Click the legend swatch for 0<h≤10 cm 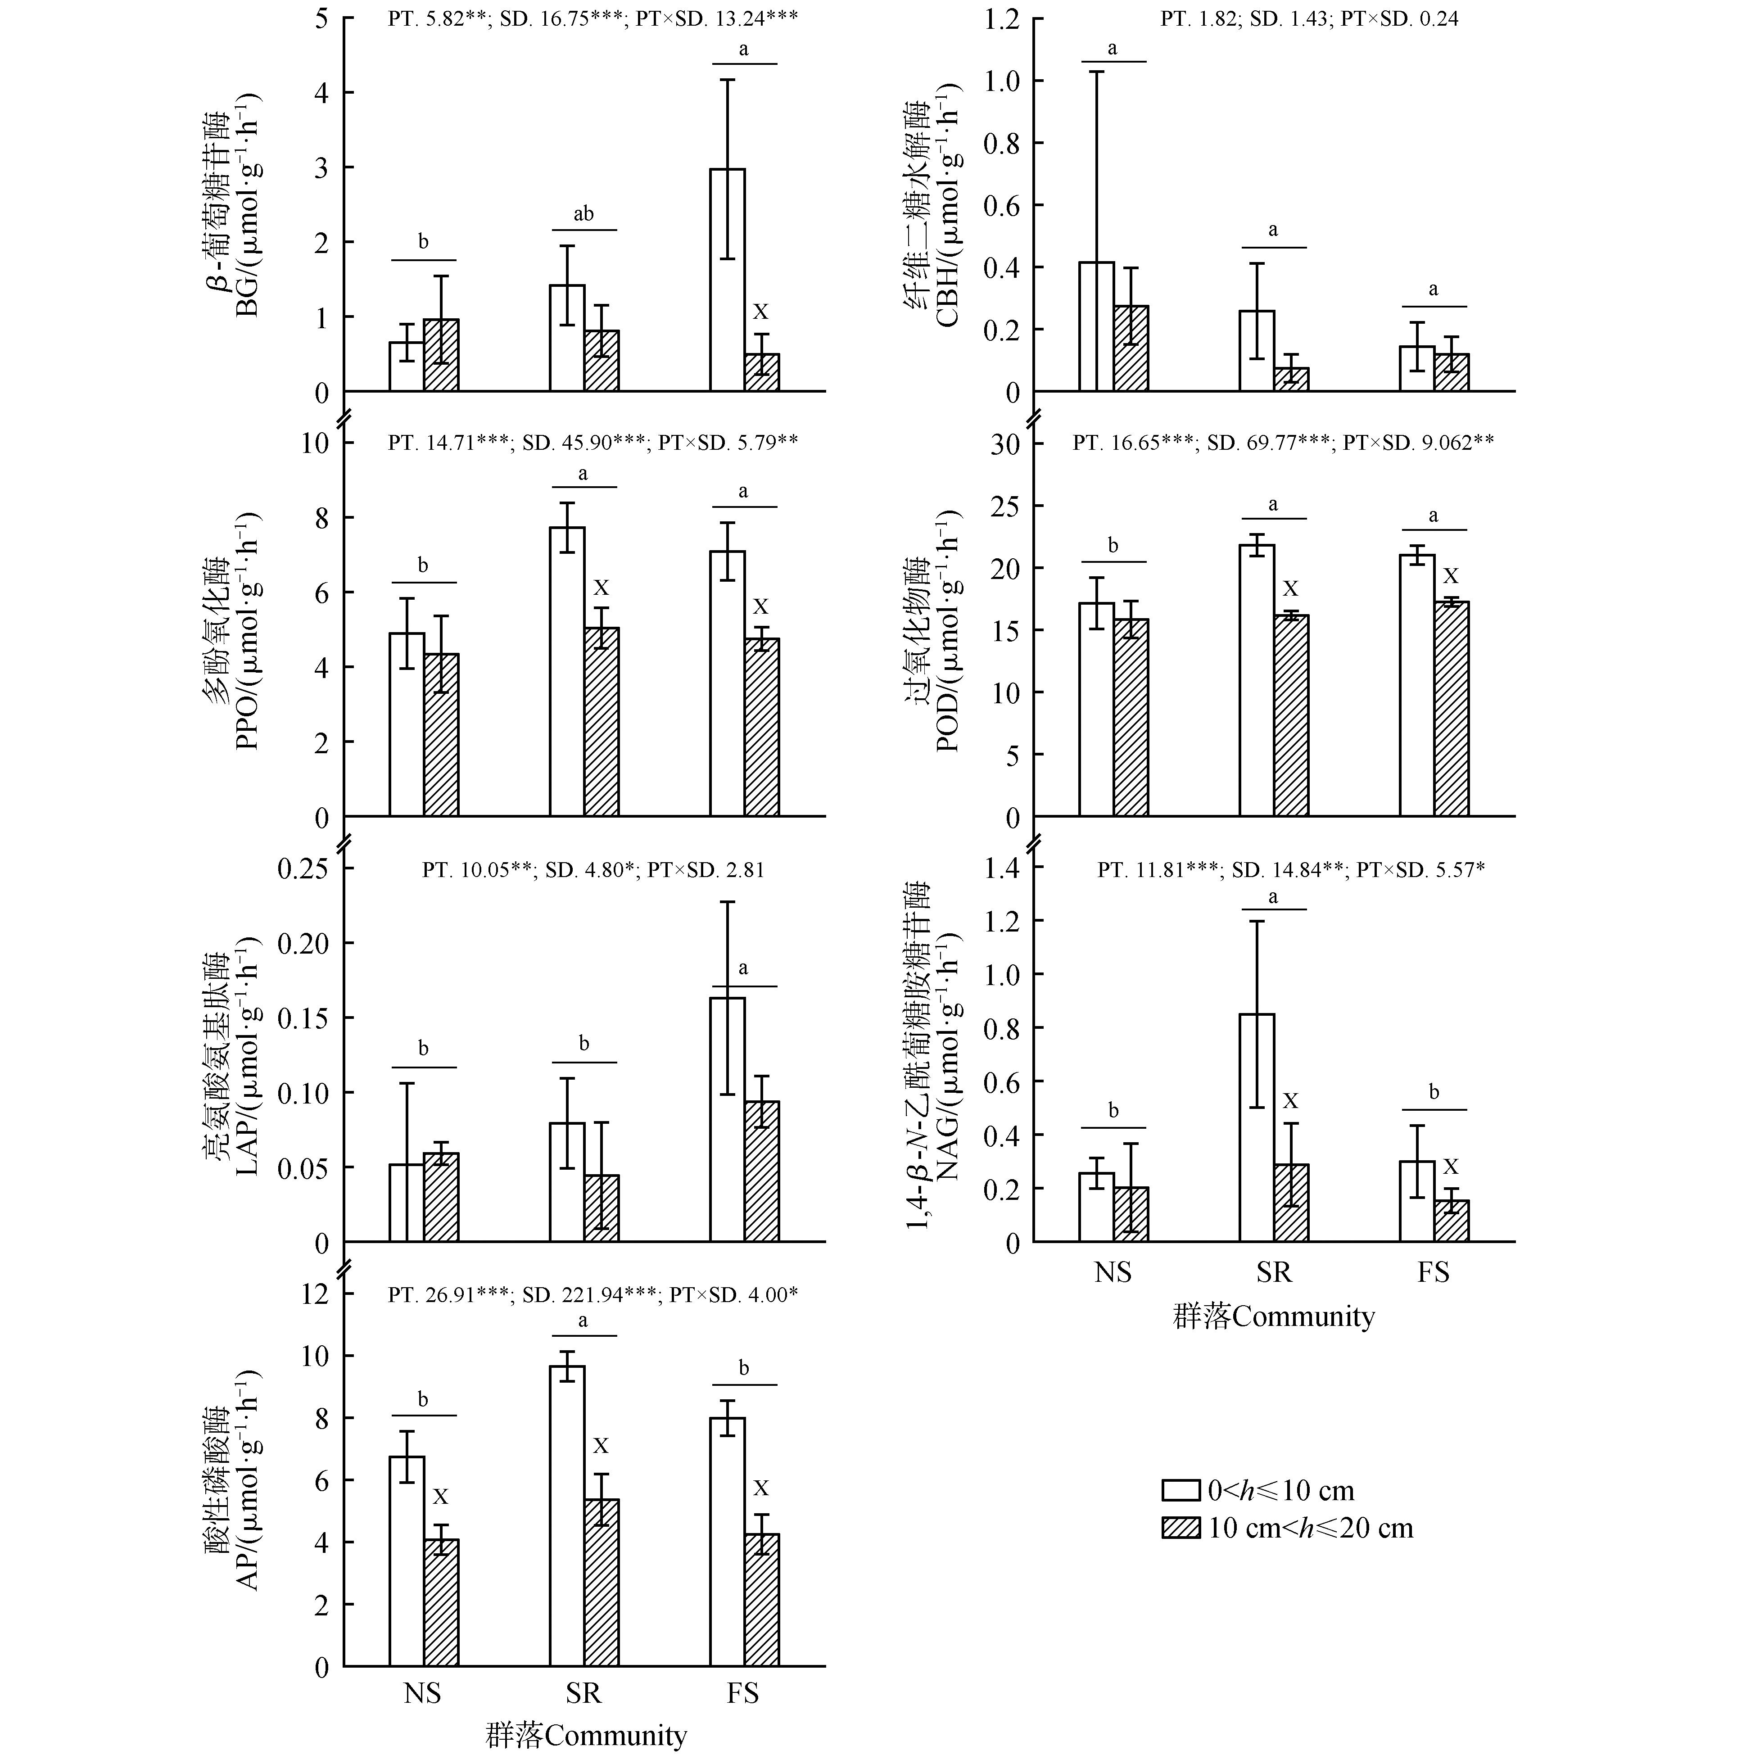point(1181,1491)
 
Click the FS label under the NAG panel point(1434,1272)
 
